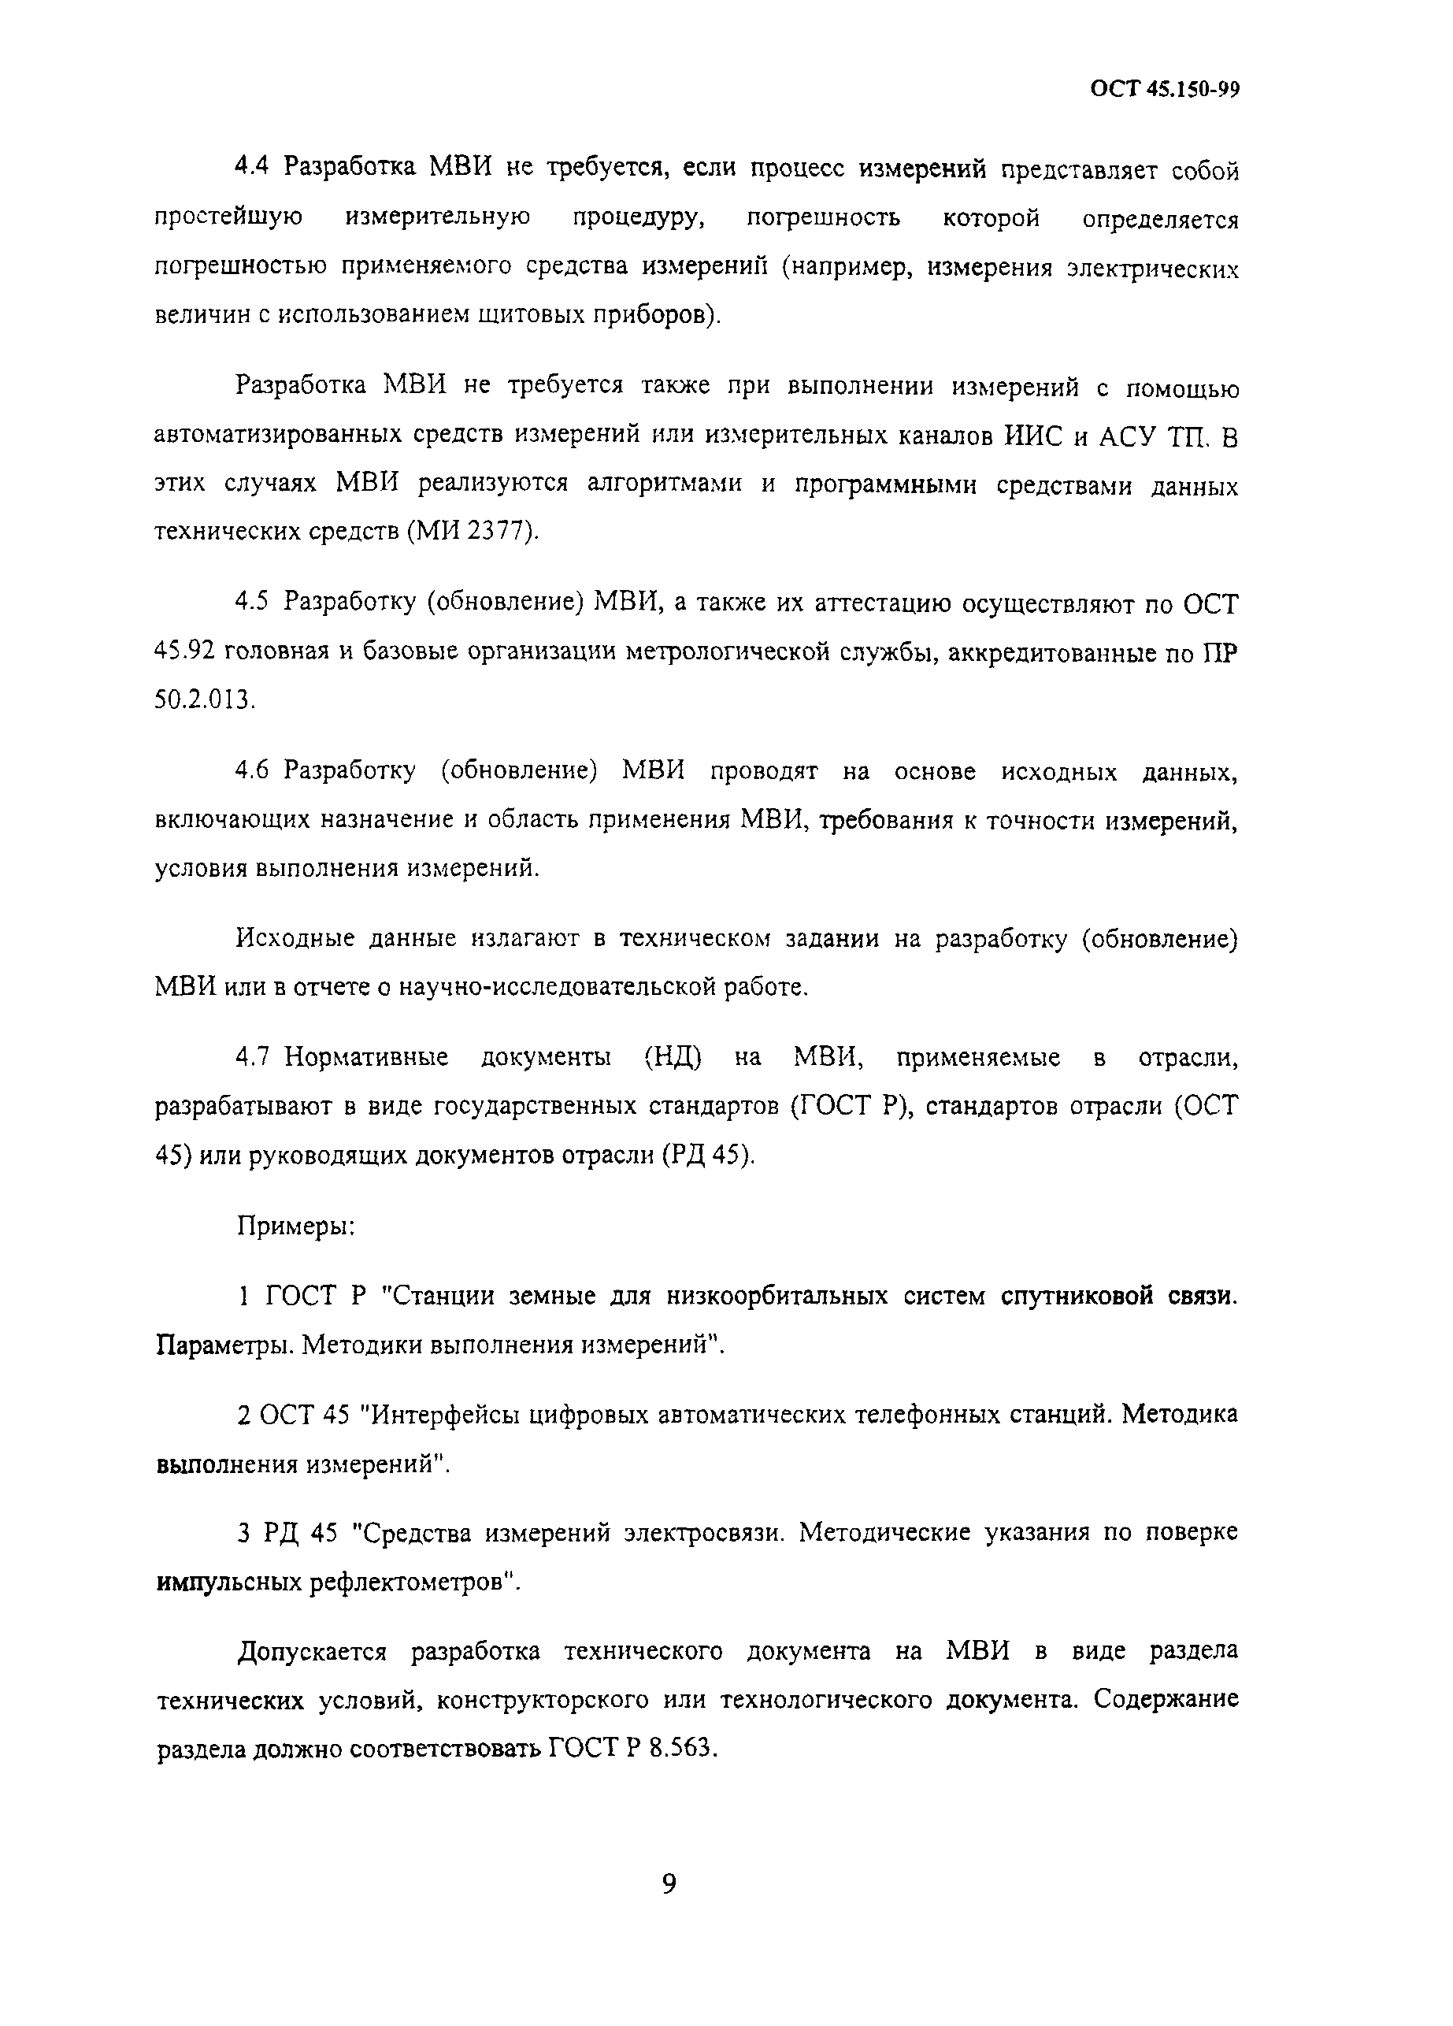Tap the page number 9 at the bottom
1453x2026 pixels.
tap(669, 1884)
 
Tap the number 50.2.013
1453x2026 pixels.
tap(205, 699)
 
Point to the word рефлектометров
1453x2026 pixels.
tap(414, 1582)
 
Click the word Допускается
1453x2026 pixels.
tap(312, 1651)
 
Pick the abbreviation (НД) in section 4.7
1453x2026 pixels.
tap(673, 1058)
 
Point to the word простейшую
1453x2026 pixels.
tap(228, 217)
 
